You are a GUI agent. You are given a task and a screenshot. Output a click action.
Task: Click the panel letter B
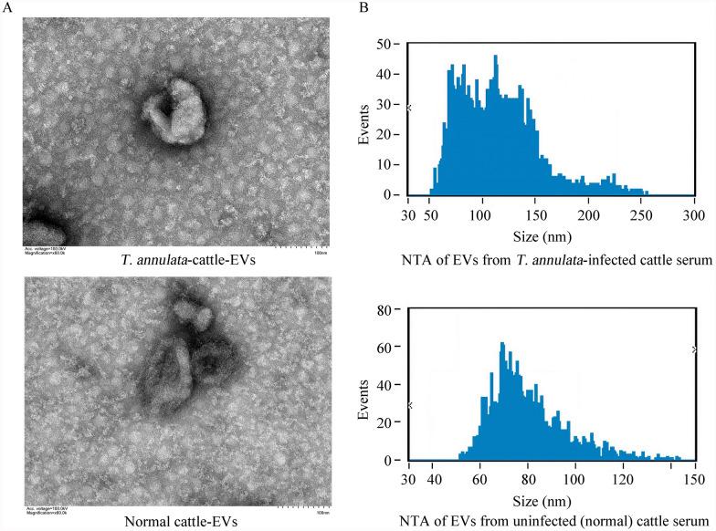364,7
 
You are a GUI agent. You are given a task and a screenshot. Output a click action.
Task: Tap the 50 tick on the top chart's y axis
389,43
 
